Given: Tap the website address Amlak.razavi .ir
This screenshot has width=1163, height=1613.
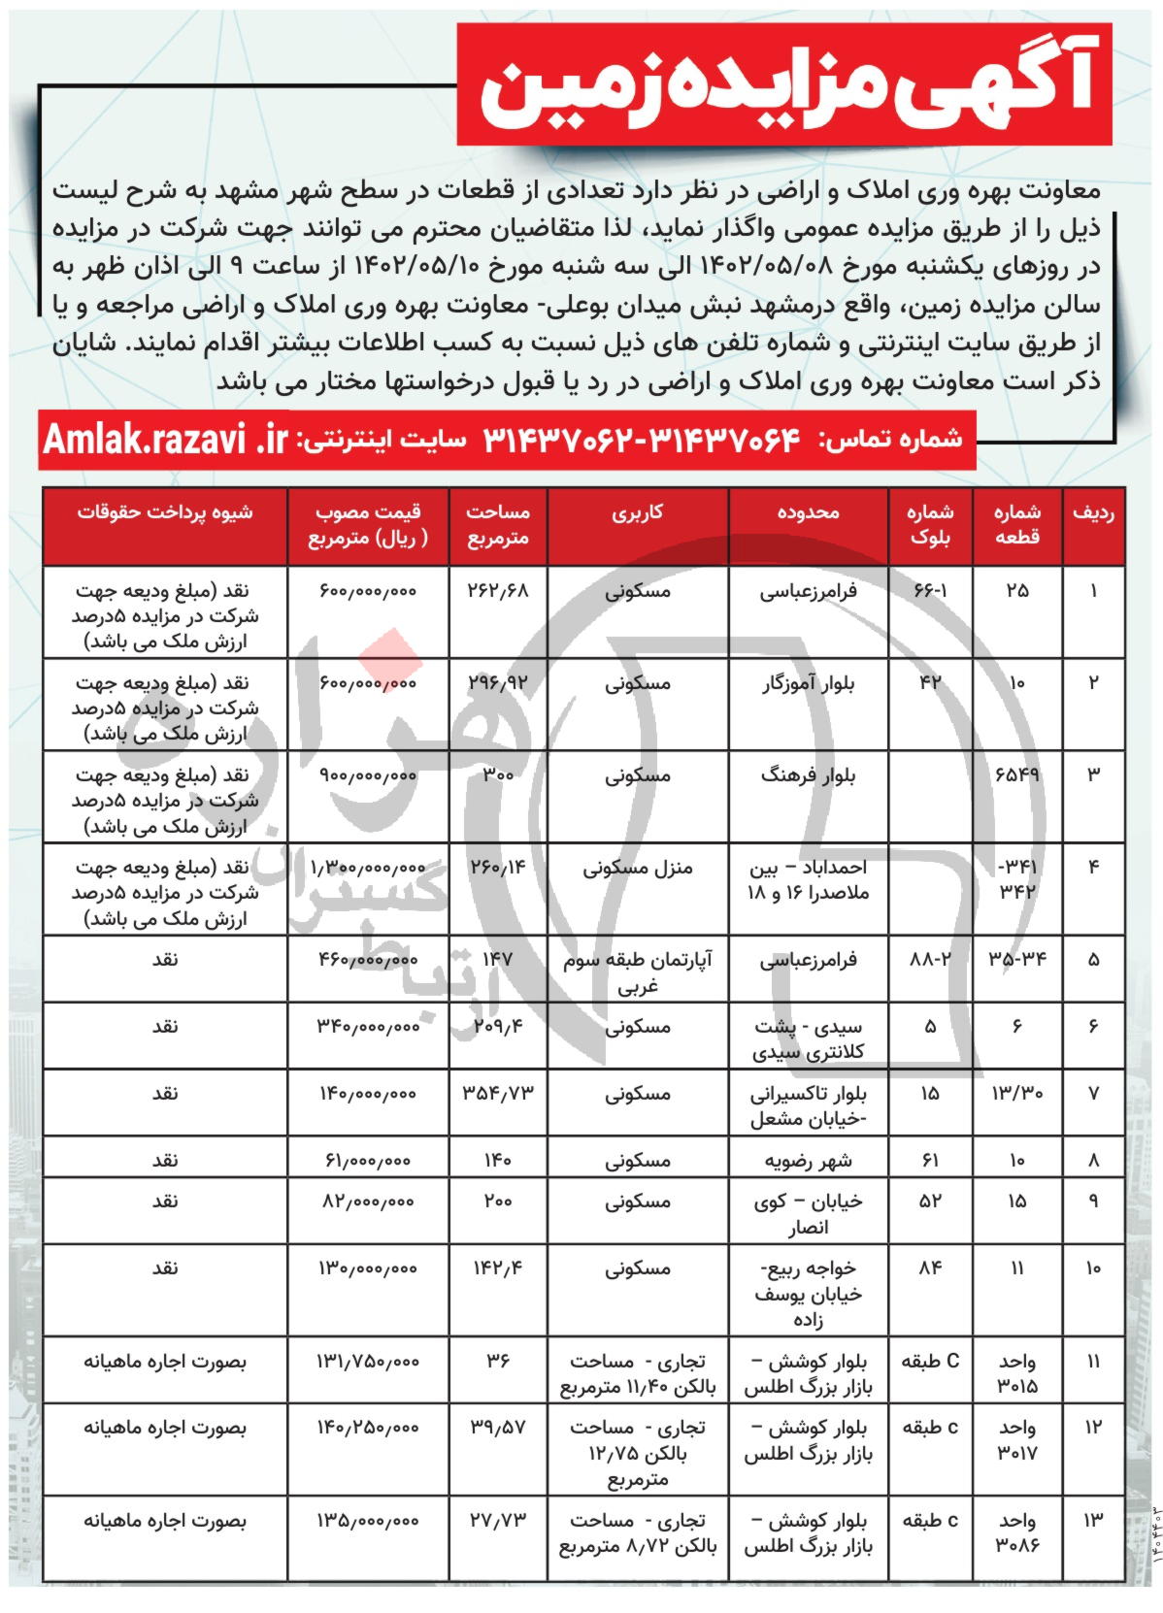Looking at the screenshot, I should point(165,440).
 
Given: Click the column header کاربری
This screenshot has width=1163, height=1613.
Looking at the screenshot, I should point(637,513).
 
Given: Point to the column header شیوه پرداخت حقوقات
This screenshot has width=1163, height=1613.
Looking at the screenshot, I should point(165,513).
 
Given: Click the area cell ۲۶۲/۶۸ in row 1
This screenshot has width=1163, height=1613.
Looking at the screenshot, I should point(498,591).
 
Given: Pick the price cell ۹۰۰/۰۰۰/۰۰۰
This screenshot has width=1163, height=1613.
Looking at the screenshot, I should point(368,776).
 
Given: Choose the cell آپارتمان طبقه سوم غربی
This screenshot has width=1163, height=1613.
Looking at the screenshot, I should point(637,972).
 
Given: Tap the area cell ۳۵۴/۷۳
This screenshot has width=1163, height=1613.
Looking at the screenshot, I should point(498,1094).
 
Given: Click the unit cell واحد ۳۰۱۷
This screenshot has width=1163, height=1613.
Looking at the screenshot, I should point(1016,1441).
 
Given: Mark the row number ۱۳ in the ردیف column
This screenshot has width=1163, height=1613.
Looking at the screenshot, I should point(1094,1521).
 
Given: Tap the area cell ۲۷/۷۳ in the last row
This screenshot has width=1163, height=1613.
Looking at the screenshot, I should point(498,1521).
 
